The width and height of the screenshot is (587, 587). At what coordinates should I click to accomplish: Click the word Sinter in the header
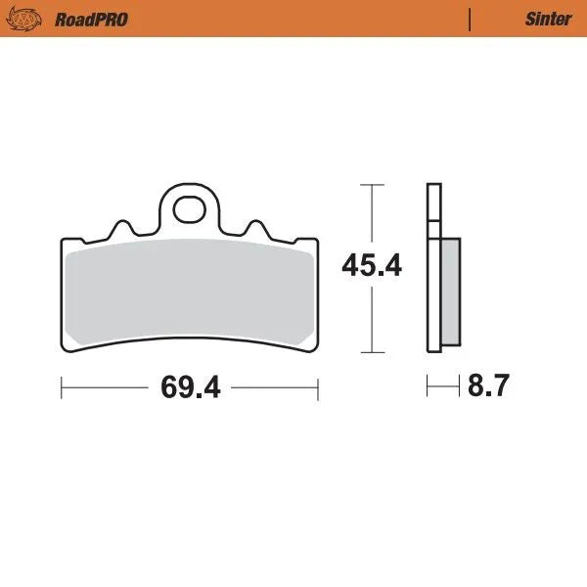pos(549,19)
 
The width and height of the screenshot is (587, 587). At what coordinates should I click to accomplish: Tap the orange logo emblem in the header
pos(28,19)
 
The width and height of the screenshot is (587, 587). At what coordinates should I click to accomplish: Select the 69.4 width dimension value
pos(190,387)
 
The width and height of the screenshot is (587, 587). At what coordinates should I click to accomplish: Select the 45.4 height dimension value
pos(371,266)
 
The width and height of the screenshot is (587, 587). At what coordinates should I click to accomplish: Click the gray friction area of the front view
pos(190,293)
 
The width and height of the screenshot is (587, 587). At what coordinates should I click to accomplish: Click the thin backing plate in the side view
pos(431,264)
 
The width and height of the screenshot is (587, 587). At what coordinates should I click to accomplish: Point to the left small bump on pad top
pos(123,227)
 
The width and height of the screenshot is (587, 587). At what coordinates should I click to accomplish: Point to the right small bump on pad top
pos(255,227)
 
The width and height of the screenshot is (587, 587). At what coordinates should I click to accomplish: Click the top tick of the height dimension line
pos(371,183)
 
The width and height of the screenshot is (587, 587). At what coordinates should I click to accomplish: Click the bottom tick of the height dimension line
pos(371,351)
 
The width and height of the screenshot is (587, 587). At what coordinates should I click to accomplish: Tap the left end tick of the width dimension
pos(62,387)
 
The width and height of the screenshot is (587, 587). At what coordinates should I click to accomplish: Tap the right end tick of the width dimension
pos(318,387)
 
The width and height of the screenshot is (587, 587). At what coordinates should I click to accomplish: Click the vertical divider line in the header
pos(471,19)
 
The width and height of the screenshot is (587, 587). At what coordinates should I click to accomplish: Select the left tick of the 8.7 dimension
pos(428,387)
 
